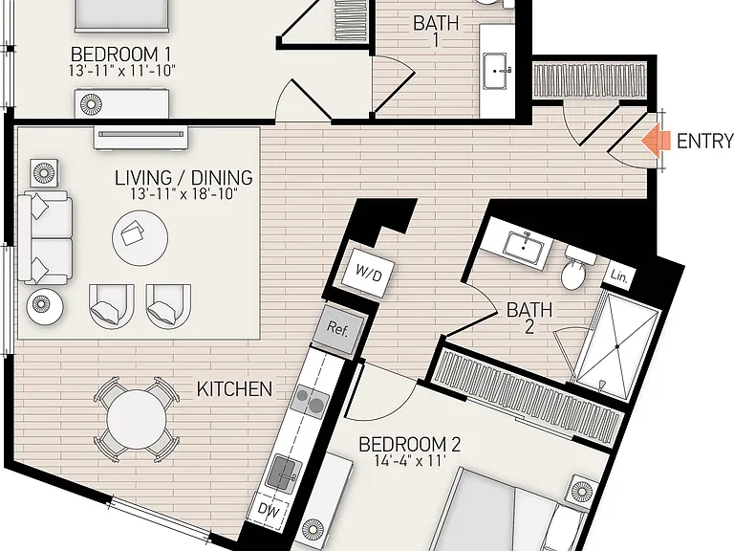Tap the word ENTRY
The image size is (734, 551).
(705, 141)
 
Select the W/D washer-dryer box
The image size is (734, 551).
(368, 274)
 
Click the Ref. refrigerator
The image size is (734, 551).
(338, 328)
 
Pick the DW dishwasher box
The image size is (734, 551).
(269, 510)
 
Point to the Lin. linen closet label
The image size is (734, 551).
(619, 276)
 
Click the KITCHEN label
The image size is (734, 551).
(234, 389)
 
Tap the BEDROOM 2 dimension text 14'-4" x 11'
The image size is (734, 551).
(409, 461)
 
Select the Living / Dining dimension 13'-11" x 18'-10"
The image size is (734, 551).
(183, 193)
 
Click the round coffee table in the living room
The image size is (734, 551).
(140, 237)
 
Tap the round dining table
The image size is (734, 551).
(137, 419)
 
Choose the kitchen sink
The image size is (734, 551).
(281, 474)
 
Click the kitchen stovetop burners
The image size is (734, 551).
(310, 401)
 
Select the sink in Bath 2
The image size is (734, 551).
(523, 246)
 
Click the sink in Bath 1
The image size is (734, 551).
(496, 71)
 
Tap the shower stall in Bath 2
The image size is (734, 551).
(618, 345)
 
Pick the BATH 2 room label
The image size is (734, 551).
(529, 318)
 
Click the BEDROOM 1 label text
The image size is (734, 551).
(120, 54)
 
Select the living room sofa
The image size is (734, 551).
(45, 238)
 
